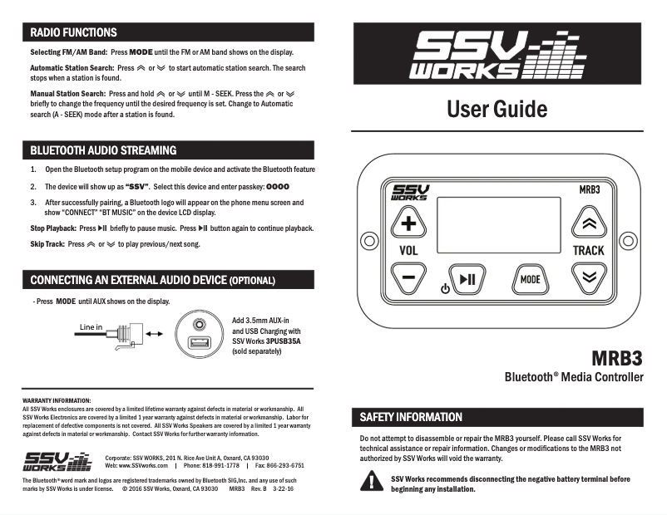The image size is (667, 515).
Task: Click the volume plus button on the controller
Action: (408, 223)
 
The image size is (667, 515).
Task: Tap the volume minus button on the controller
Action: (408, 278)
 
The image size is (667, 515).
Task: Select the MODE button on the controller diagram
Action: (530, 279)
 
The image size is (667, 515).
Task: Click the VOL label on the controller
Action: (408, 250)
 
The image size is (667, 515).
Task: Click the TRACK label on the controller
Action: (588, 250)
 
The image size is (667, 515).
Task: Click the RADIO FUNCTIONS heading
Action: (73, 32)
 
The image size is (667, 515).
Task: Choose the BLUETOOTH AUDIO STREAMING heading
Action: (103, 150)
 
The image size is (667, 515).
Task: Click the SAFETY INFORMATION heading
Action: (411, 416)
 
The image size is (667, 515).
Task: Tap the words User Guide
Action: (497, 109)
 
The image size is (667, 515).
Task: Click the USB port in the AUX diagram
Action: (200, 342)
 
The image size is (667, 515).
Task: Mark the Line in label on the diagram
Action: (91, 326)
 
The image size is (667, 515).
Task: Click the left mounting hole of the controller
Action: (366, 243)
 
